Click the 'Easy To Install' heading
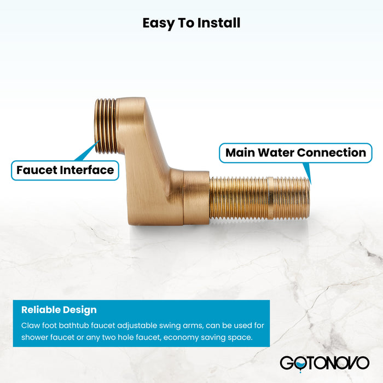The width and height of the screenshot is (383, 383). (191, 23)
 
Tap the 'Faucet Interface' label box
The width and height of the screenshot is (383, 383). (65, 170)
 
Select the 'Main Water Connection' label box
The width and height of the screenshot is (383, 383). (295, 153)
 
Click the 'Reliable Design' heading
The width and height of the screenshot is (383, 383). (59, 310)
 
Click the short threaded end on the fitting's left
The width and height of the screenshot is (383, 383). (105, 125)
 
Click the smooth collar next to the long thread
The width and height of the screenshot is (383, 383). (196, 197)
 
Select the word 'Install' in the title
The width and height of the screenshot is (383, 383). (218, 23)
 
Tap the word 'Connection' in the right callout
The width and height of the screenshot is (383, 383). (332, 153)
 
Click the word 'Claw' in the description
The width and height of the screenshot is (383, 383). (31, 325)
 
